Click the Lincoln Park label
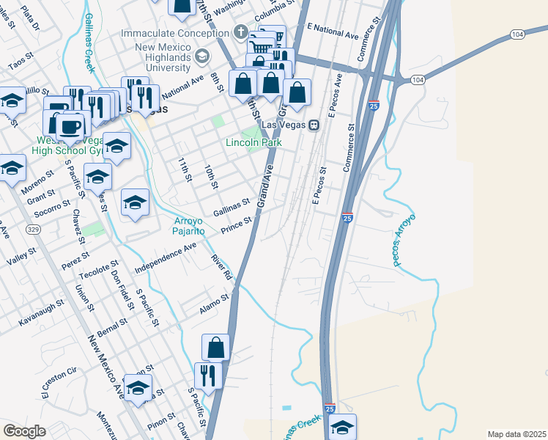253,142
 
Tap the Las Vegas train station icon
314,125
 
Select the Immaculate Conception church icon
240,32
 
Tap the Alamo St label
215,304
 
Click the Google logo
24,430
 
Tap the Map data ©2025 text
516,434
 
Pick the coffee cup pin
70,126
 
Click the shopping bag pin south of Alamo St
215,347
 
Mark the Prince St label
237,226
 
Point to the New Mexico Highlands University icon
201,56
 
